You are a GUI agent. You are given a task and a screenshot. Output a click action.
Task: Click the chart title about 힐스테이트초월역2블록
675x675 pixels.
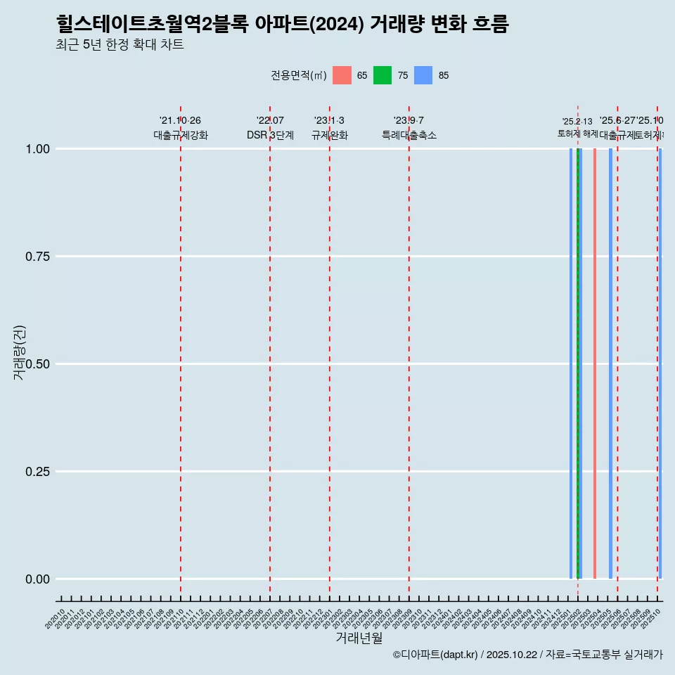[x=282, y=25]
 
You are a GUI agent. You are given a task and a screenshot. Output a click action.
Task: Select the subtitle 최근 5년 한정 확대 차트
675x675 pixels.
[x=120, y=45]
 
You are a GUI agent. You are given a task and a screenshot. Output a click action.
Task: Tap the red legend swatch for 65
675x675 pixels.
[x=342, y=75]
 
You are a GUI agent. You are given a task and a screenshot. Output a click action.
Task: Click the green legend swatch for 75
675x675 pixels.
[x=382, y=75]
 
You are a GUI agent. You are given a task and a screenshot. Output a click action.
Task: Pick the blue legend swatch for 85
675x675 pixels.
[x=423, y=75]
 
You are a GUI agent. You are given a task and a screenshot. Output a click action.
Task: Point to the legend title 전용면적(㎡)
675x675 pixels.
[x=298, y=75]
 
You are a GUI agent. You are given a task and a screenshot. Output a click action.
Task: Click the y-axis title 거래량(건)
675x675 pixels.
[x=19, y=352]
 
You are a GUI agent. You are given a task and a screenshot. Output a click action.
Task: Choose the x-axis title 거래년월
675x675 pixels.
[x=359, y=638]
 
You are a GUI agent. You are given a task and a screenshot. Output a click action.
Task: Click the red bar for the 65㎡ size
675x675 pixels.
[x=595, y=364]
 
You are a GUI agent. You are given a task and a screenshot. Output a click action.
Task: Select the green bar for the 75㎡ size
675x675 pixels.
[x=578, y=364]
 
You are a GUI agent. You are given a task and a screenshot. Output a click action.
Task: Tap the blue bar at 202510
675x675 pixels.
[x=660, y=364]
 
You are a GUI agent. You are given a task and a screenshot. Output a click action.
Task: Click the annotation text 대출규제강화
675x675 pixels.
[x=181, y=135]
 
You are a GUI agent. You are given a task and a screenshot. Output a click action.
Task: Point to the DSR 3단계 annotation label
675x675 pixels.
[x=270, y=135]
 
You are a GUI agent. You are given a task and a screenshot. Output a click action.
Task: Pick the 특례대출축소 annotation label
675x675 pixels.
[x=409, y=135]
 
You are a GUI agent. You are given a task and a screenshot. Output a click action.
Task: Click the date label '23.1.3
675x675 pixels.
[x=329, y=120]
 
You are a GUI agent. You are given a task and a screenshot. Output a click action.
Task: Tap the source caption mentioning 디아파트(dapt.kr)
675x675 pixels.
[x=527, y=655]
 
